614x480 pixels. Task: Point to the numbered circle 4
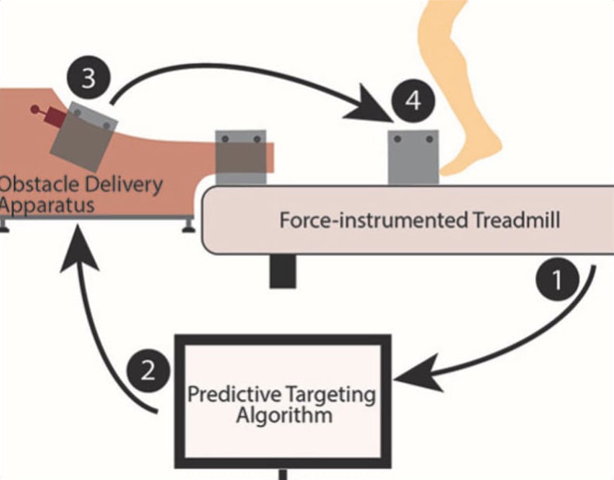[412, 102]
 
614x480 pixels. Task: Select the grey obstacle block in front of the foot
[413, 158]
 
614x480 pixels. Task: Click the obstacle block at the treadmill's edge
[240, 158]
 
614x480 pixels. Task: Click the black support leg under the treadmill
[281, 271]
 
